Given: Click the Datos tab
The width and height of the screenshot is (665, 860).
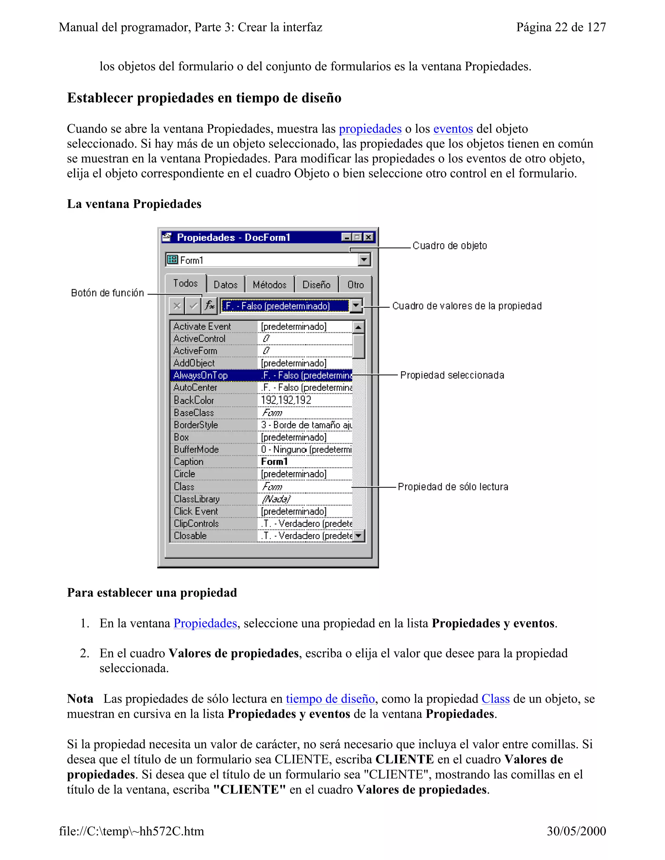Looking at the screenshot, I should pyautogui.click(x=225, y=285).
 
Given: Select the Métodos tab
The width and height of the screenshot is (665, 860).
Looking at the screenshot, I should pyautogui.click(x=270, y=285).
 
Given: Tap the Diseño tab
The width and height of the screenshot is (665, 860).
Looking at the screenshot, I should pyautogui.click(x=316, y=285).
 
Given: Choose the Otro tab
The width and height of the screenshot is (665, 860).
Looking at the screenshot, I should pyautogui.click(x=355, y=285).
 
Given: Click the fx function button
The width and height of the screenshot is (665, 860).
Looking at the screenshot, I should pyautogui.click(x=209, y=306).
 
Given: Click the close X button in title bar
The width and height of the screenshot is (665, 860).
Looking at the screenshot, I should pyautogui.click(x=368, y=237).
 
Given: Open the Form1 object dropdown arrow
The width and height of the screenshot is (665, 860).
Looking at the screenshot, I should pyautogui.click(x=364, y=260).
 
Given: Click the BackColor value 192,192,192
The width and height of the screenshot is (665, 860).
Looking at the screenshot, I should pyautogui.click(x=286, y=400).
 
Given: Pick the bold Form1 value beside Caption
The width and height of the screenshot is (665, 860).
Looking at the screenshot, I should pyautogui.click(x=275, y=461).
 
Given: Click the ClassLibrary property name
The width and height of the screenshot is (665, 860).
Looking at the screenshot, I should pyautogui.click(x=196, y=499).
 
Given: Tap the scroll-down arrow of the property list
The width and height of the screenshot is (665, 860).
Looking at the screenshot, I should pyautogui.click(x=358, y=535).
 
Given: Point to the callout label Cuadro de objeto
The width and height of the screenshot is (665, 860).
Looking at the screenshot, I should pyautogui.click(x=449, y=246).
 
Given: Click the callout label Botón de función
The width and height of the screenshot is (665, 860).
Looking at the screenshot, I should pyautogui.click(x=107, y=293).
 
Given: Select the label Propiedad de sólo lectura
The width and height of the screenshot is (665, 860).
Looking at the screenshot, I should pyautogui.click(x=453, y=487).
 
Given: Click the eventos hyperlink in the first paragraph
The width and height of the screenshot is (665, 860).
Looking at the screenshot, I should pyautogui.click(x=453, y=129).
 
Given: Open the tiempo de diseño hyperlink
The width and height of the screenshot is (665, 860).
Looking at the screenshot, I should pyautogui.click(x=330, y=699).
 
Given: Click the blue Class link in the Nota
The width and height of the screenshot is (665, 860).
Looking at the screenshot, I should pyautogui.click(x=495, y=699).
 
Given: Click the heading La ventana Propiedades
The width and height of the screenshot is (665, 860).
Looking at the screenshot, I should pyautogui.click(x=134, y=204).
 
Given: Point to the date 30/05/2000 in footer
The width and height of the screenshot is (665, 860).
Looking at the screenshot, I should pyautogui.click(x=576, y=831).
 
